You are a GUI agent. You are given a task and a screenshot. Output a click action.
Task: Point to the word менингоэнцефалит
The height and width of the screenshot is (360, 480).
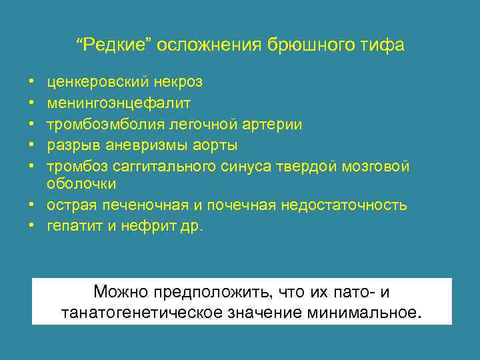coord(119,103)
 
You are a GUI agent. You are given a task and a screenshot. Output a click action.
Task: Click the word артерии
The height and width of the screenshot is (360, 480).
coord(276,124)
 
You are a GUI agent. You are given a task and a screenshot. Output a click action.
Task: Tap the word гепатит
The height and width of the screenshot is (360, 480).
coord(72,226)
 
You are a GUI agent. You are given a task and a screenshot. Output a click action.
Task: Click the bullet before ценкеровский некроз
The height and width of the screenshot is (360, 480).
coord(33,83)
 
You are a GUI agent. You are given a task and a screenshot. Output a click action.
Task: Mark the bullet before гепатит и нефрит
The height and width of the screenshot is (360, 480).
coord(33,227)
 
